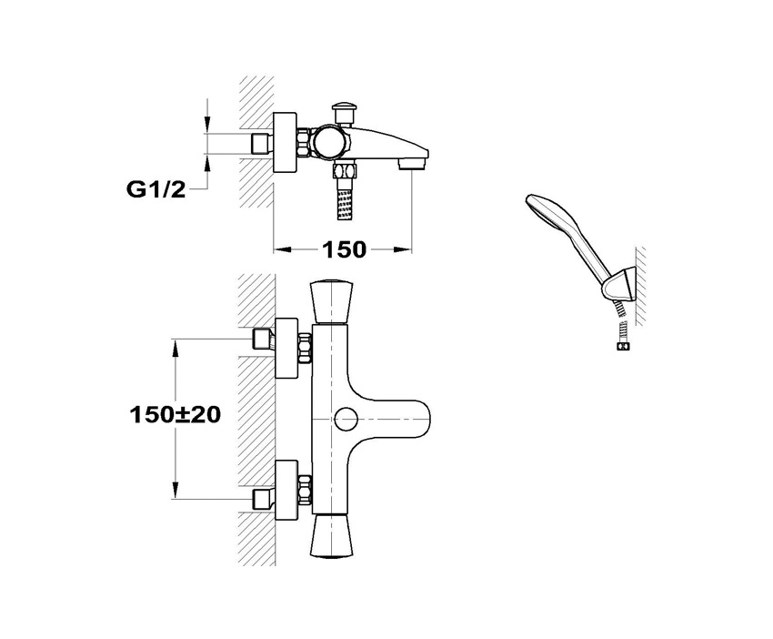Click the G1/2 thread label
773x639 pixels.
[x=156, y=189]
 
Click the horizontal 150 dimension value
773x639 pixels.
[x=343, y=248]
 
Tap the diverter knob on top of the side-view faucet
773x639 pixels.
[x=346, y=110]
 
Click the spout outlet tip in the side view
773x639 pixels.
[x=415, y=165]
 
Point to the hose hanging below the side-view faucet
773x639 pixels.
[x=344, y=200]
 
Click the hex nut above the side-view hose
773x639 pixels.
[x=344, y=171]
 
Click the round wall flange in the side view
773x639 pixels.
[x=287, y=144]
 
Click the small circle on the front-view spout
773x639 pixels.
[x=345, y=420]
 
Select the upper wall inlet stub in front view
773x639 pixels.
[x=264, y=340]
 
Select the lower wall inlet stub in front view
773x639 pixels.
[x=264, y=497]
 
